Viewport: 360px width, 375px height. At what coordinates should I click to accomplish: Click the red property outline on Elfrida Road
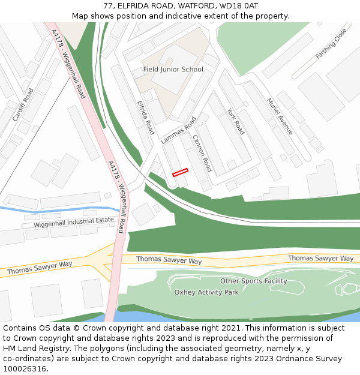click(x=180, y=172)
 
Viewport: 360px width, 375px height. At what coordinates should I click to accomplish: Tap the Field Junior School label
click(x=173, y=70)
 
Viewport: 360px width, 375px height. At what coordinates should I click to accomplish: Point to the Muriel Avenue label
click(x=280, y=116)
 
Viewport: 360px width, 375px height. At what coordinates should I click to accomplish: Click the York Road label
click(x=236, y=121)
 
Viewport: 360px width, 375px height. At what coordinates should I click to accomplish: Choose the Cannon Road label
click(x=202, y=153)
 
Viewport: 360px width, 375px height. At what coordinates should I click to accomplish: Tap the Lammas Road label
click(x=179, y=130)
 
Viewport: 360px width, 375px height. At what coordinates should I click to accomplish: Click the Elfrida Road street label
click(x=146, y=117)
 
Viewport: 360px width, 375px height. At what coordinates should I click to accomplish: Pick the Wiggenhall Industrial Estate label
click(x=74, y=223)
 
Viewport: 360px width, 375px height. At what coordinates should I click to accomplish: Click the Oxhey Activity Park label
click(x=206, y=292)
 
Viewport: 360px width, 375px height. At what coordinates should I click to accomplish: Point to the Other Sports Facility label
click(x=253, y=281)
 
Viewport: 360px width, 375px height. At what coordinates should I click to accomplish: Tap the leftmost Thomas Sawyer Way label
click(x=40, y=268)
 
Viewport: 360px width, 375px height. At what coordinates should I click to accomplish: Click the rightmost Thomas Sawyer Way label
click(x=320, y=259)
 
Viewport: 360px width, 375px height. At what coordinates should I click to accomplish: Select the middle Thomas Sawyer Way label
click(x=169, y=260)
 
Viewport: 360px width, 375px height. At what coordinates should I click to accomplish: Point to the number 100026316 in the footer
click(x=25, y=368)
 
